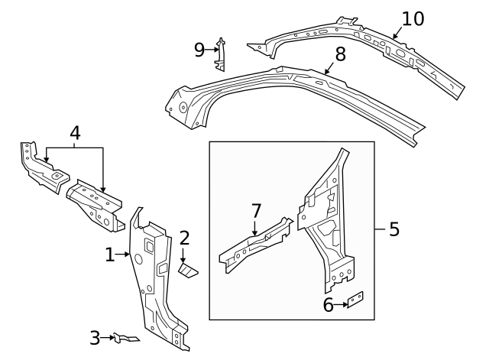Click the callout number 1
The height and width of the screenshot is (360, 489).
pyautogui.click(x=110, y=255)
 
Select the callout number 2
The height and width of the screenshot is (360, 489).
pyautogui.click(x=184, y=238)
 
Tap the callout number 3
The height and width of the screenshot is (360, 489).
pyautogui.click(x=95, y=337)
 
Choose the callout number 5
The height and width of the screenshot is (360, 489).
pyautogui.click(x=393, y=229)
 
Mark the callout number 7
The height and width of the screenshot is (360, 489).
pyautogui.click(x=256, y=210)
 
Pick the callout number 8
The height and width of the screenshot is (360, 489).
pyautogui.click(x=340, y=54)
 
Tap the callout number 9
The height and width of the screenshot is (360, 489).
pyautogui.click(x=199, y=50)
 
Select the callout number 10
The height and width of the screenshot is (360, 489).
pyautogui.click(x=413, y=18)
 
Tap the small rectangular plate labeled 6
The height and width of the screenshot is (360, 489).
pyautogui.click(x=356, y=300)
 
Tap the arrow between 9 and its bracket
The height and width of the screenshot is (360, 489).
pyautogui.click(x=212, y=50)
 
